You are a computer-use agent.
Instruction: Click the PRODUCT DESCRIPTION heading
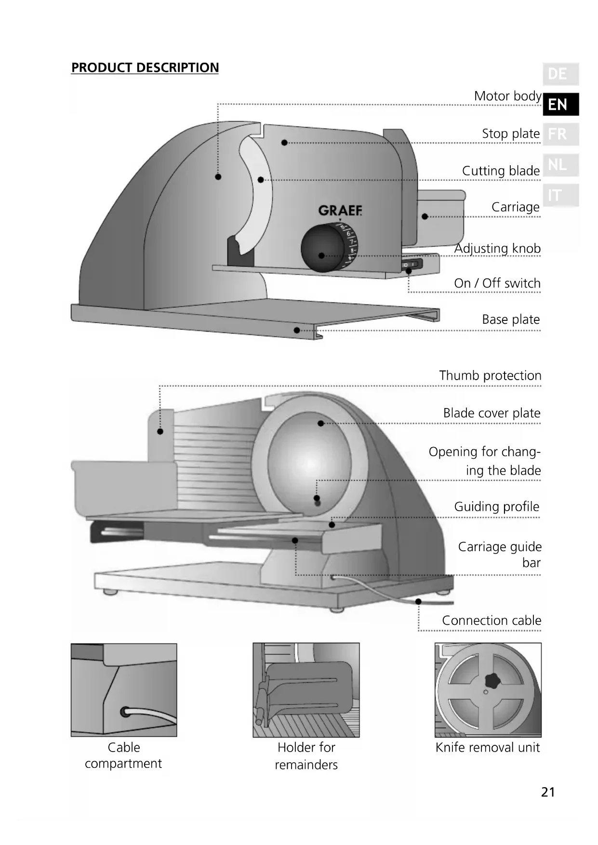[145, 67]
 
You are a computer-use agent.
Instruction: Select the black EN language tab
[560, 104]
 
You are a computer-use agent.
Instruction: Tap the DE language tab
[560, 74]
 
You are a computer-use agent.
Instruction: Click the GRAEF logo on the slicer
[340, 211]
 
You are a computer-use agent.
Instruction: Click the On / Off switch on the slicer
[412, 264]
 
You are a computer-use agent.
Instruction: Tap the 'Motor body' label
[507, 96]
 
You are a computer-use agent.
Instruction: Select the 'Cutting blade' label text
[501, 171]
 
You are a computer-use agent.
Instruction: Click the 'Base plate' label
[511, 319]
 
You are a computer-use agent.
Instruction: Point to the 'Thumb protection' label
[490, 376]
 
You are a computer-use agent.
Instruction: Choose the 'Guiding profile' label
[496, 507]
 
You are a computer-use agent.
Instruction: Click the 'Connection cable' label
[492, 621]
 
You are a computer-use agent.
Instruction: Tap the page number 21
[548, 792]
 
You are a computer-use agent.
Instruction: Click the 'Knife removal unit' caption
[488, 748]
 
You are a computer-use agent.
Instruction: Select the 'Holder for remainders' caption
[306, 756]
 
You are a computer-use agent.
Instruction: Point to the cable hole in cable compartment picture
[125, 712]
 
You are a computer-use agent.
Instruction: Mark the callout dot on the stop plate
[284, 143]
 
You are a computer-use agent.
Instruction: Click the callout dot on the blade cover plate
[321, 423]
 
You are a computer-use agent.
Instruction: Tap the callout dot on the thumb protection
[160, 431]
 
